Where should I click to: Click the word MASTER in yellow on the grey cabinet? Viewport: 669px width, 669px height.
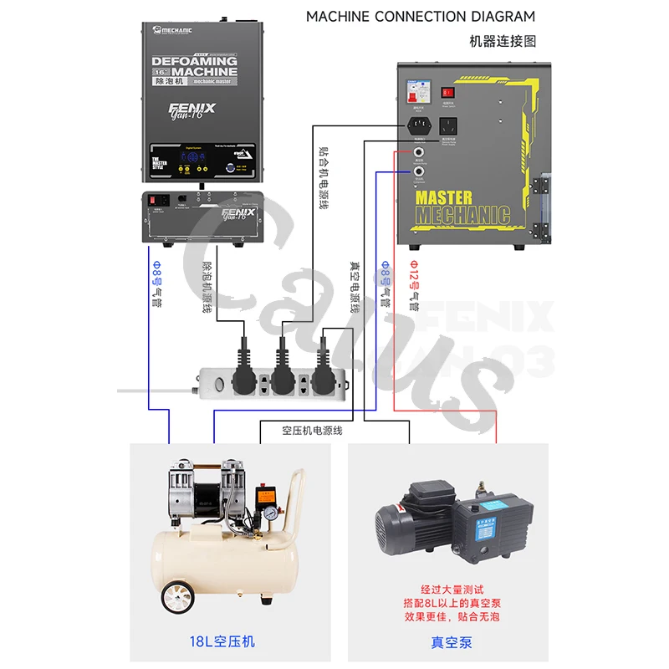pyautogui.click(x=443, y=198)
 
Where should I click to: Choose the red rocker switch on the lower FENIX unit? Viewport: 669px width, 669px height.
pyautogui.click(x=154, y=199)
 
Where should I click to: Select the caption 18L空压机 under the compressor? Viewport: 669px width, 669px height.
pyautogui.click(x=222, y=641)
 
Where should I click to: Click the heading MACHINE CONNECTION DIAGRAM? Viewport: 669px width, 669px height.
pyautogui.click(x=420, y=16)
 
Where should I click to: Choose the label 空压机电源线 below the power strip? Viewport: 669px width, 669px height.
pyautogui.click(x=312, y=432)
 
